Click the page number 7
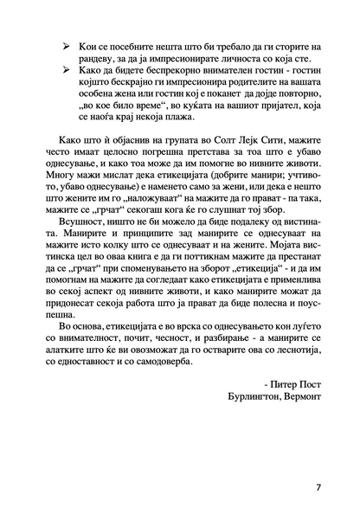(x=318, y=487)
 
